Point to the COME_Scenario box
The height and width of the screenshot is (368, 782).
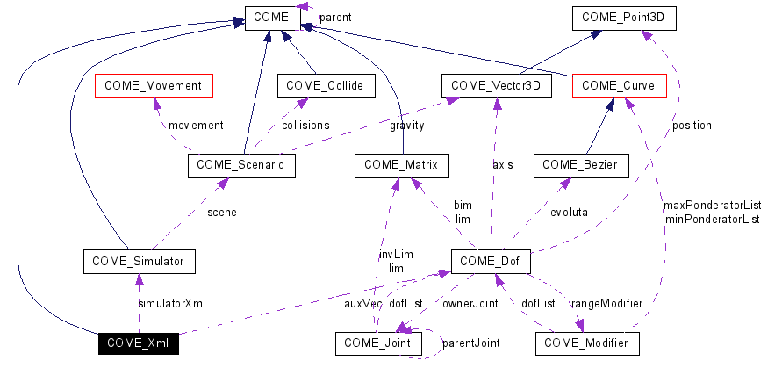pyautogui.click(x=241, y=165)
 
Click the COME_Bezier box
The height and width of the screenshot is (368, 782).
pyautogui.click(x=580, y=165)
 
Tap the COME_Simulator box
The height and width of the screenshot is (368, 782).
pyautogui.click(x=138, y=261)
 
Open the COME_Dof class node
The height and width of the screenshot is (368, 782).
pyautogui.click(x=491, y=261)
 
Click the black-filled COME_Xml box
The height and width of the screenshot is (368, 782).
pyautogui.click(x=138, y=343)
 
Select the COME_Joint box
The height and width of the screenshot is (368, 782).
pyautogui.click(x=378, y=343)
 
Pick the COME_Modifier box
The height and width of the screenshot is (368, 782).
pyautogui.click(x=586, y=343)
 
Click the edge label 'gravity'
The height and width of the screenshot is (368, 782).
pyautogui.click(x=406, y=126)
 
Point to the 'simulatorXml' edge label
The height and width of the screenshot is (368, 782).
pyautogui.click(x=171, y=303)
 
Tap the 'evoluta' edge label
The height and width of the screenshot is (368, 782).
pyautogui.click(x=569, y=212)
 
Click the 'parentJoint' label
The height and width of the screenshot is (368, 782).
pyautogui.click(x=470, y=343)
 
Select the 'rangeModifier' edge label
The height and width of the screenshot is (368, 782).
pyautogui.click(x=606, y=303)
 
